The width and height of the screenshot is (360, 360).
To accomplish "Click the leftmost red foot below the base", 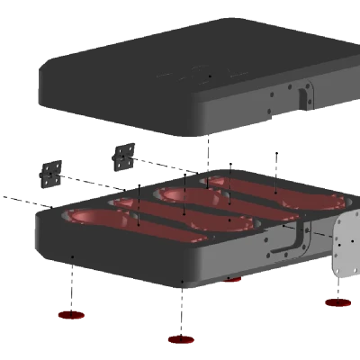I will click(71, 315).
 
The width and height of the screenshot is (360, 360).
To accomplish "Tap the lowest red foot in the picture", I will click(180, 339).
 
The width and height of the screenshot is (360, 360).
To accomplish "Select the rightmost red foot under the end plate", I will click(337, 303).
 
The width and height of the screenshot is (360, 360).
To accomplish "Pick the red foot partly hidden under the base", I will click(233, 282).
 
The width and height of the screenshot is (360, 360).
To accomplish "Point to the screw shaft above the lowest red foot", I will click(182, 310).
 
